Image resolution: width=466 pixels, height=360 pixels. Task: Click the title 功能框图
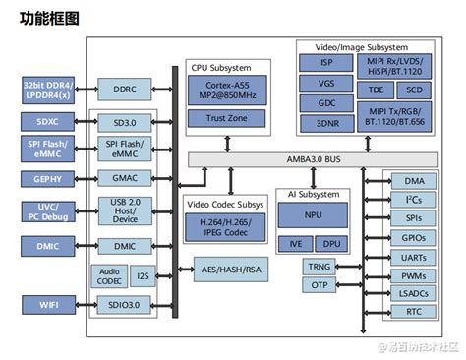(x=50, y=19)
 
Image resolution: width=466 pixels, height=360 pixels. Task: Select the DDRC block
(x=124, y=90)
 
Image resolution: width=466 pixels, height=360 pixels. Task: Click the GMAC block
(x=124, y=178)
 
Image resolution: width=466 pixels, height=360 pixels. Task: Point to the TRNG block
(x=319, y=267)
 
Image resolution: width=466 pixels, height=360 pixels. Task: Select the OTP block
(x=319, y=285)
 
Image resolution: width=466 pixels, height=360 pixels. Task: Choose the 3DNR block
(x=326, y=123)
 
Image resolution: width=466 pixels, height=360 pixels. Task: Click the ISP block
(x=326, y=62)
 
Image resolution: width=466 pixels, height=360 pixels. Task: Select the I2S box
(x=143, y=276)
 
